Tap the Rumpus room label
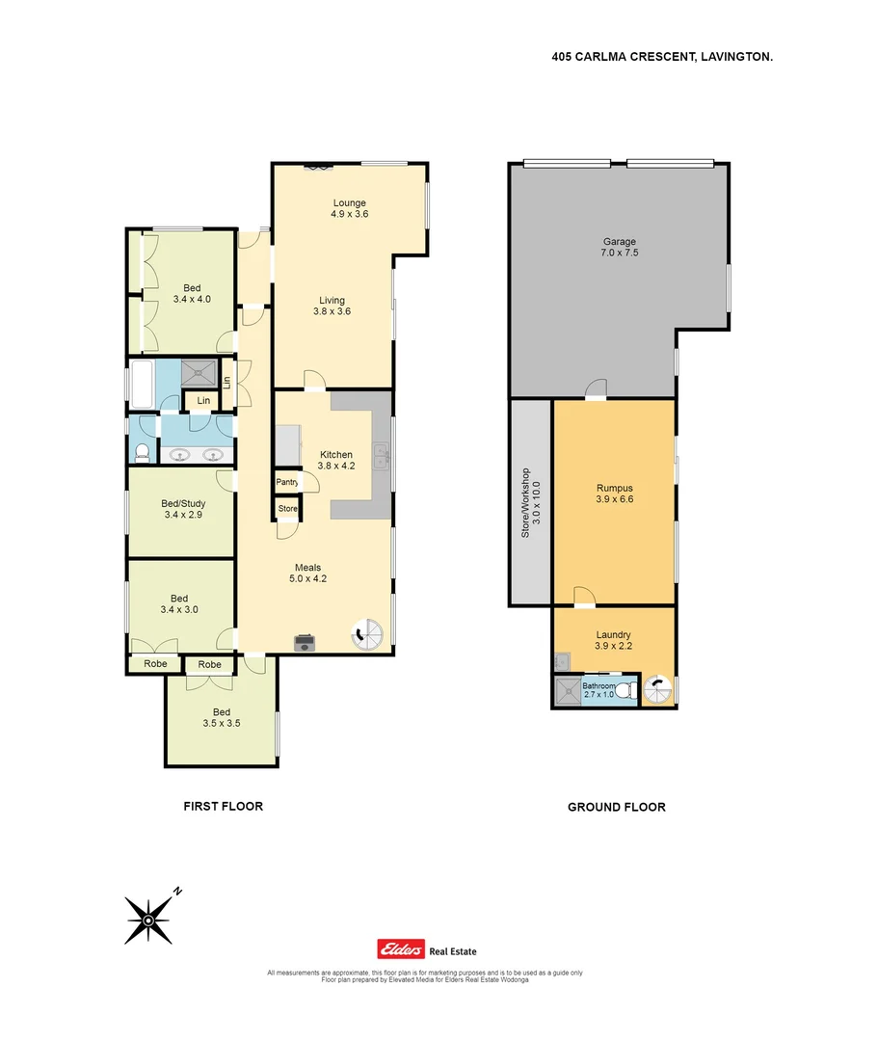614,494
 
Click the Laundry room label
613,640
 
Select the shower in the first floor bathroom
201,370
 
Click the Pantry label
286,482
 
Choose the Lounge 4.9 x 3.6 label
349,208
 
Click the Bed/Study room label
184,509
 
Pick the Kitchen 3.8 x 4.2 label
336,461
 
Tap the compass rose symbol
149,920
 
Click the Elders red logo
400,950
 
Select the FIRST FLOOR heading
223,806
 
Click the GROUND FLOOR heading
616,807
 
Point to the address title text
662,57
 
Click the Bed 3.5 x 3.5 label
221,717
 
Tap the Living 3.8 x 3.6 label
329,306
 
